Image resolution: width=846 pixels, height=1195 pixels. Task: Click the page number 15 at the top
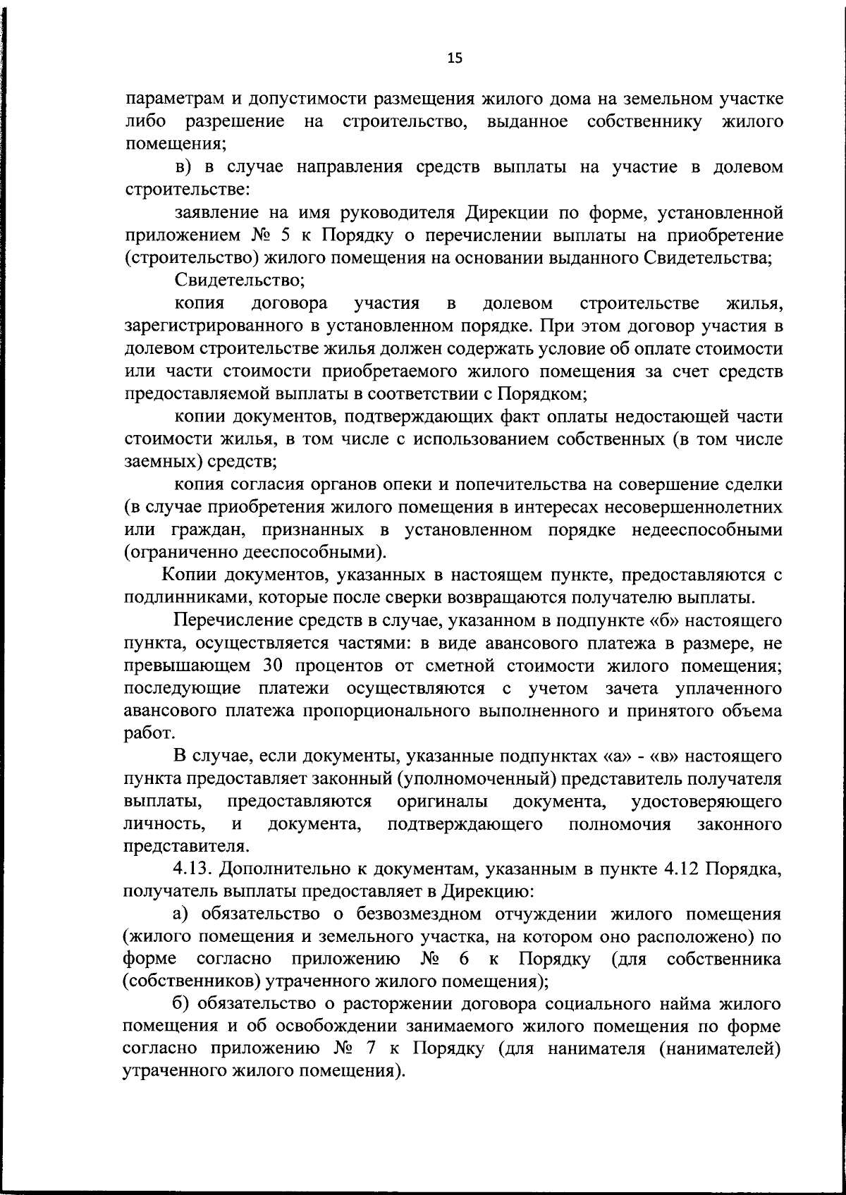[x=454, y=59]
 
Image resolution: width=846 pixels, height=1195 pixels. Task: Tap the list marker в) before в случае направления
[x=184, y=168]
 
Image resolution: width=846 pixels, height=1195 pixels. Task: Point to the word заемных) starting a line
[x=157, y=462]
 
